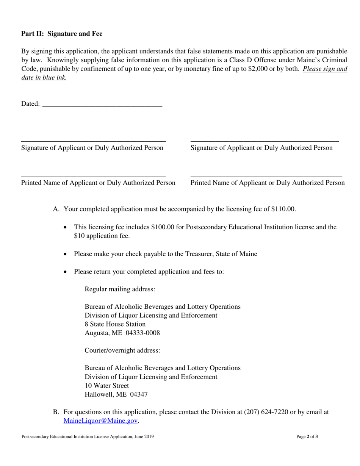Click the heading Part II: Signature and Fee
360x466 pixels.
[62, 34]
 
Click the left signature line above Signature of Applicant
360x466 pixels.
[93, 141]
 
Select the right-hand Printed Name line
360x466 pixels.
[266, 176]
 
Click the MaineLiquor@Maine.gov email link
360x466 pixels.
[100, 421]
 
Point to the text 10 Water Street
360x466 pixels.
[106, 386]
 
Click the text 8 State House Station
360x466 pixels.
[115, 324]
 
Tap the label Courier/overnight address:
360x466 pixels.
[122, 350]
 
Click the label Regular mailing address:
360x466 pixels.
[120, 289]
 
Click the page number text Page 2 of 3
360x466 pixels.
[307, 437]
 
